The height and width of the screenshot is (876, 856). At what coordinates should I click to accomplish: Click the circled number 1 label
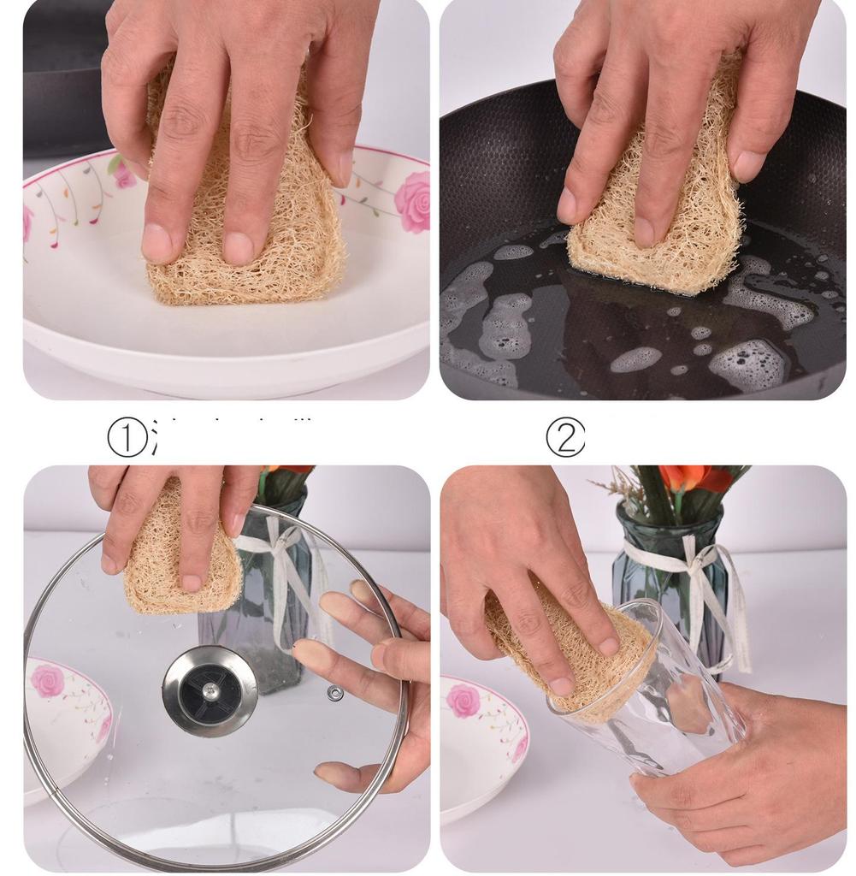(x=127, y=439)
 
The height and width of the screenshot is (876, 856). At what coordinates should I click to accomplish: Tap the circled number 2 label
(x=565, y=439)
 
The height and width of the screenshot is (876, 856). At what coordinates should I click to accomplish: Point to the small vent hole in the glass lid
(x=335, y=692)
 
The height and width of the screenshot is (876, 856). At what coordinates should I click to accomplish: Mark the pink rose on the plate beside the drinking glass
(x=463, y=700)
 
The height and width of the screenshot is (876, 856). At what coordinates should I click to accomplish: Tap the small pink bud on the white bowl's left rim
(x=124, y=177)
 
